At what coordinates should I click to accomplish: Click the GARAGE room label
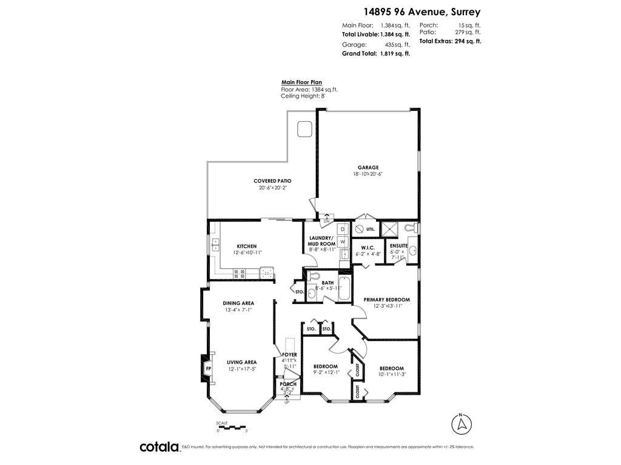[x=368, y=168]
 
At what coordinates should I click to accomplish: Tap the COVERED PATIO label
[x=272, y=181]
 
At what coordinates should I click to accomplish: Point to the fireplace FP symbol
[x=208, y=368]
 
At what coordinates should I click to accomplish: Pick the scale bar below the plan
[x=232, y=427]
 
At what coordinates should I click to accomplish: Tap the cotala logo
[x=159, y=447]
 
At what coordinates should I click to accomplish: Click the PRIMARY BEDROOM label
[x=386, y=300]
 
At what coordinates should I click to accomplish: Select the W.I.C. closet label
[x=368, y=248]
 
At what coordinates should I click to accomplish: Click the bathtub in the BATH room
[x=344, y=289]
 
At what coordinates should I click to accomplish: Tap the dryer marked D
[x=342, y=229]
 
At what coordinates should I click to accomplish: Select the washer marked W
[x=342, y=242]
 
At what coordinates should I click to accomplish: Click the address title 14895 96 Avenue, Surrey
[x=422, y=12]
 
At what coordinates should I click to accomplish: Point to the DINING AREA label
[x=238, y=303]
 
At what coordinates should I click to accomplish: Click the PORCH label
[x=288, y=384]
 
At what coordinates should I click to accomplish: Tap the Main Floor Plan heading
[x=301, y=82]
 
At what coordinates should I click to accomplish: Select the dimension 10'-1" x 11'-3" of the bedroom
[x=391, y=374]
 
